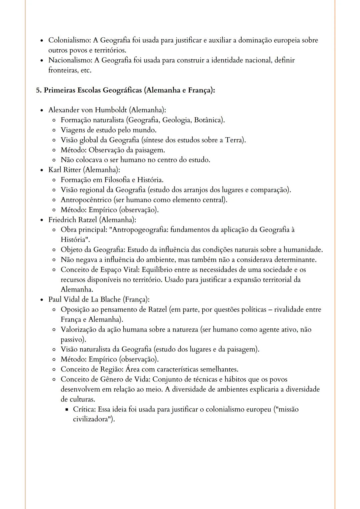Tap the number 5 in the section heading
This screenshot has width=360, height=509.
[38, 90]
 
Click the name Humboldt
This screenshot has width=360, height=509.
[111, 110]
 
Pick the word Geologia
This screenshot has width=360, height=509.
[177, 120]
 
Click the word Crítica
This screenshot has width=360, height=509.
[84, 409]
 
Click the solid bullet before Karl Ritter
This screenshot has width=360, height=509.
[42, 170]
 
